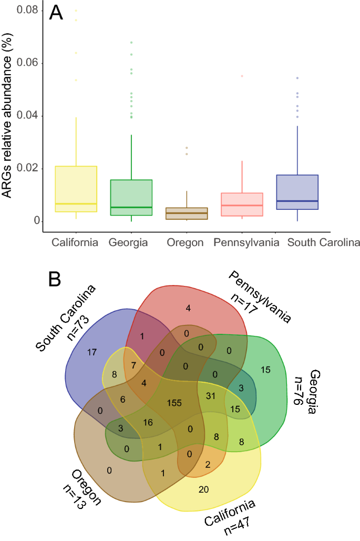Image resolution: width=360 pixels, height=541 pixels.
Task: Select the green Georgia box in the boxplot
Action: (x=131, y=197)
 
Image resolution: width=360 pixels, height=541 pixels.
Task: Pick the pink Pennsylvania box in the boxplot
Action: (x=242, y=205)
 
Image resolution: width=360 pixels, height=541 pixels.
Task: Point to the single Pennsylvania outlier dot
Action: (x=242, y=76)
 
